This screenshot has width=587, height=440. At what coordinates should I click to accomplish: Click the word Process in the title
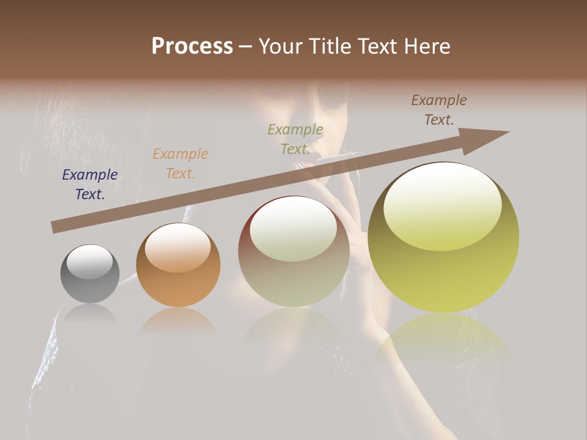pyautogui.click(x=192, y=46)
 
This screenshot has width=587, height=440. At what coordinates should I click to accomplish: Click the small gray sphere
pyautogui.click(x=90, y=274)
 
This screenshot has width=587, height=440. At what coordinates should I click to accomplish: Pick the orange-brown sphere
pyautogui.click(x=178, y=265)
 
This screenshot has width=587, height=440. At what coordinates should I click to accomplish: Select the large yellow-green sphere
pyautogui.click(x=443, y=237)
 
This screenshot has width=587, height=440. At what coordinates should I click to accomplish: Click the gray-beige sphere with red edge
pyautogui.click(x=293, y=251)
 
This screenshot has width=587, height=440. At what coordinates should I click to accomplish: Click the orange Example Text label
pyautogui.click(x=180, y=164)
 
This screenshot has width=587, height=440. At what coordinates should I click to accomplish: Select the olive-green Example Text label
pyautogui.click(x=295, y=139)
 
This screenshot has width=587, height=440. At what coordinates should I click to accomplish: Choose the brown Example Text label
pyautogui.click(x=439, y=110)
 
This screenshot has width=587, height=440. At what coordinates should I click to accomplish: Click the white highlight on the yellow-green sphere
pyautogui.click(x=442, y=207)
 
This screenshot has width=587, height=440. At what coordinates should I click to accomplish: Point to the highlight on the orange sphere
pyautogui.click(x=177, y=248)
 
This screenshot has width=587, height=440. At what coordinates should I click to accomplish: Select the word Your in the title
pyautogui.click(x=279, y=46)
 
